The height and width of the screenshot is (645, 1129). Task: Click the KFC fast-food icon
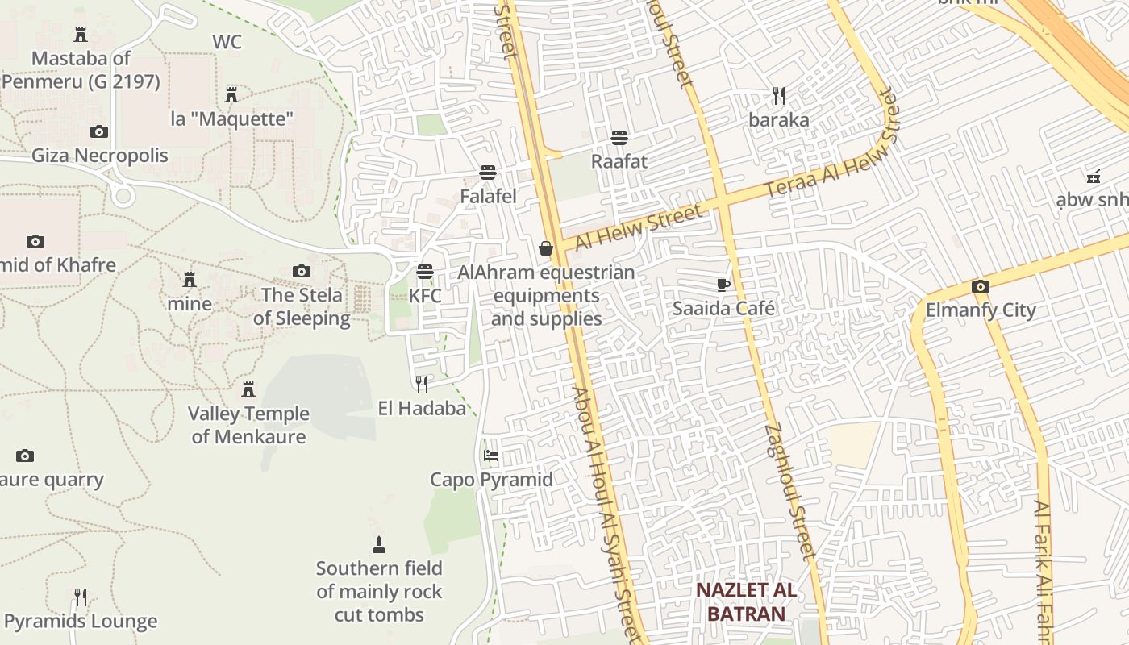click(x=425, y=272)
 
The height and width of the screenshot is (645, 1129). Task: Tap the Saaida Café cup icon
click(x=723, y=284)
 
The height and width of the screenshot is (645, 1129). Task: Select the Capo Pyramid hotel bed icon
click(x=490, y=455)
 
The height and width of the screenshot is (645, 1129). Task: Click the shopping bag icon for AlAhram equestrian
click(x=546, y=248)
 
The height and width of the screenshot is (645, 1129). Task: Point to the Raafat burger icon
click(x=619, y=137)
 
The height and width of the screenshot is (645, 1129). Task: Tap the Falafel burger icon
click(x=487, y=172)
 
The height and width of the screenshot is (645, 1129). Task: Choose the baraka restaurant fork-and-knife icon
click(x=778, y=96)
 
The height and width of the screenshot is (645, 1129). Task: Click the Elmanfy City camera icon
click(x=981, y=286)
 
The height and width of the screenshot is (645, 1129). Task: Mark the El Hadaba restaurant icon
click(x=421, y=383)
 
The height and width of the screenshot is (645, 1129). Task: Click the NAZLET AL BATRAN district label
click(x=747, y=601)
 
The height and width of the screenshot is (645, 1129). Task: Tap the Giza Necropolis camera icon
click(x=99, y=131)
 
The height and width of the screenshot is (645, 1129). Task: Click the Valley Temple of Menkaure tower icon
click(x=248, y=389)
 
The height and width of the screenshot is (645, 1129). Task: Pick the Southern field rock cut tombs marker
click(x=379, y=545)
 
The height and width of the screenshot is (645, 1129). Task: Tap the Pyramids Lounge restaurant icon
click(x=81, y=597)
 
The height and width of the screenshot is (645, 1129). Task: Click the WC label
click(x=227, y=42)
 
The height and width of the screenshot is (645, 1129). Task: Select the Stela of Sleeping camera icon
click(x=302, y=271)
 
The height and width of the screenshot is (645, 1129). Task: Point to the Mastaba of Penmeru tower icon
click(x=81, y=34)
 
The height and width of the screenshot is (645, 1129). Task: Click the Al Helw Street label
click(x=639, y=227)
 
